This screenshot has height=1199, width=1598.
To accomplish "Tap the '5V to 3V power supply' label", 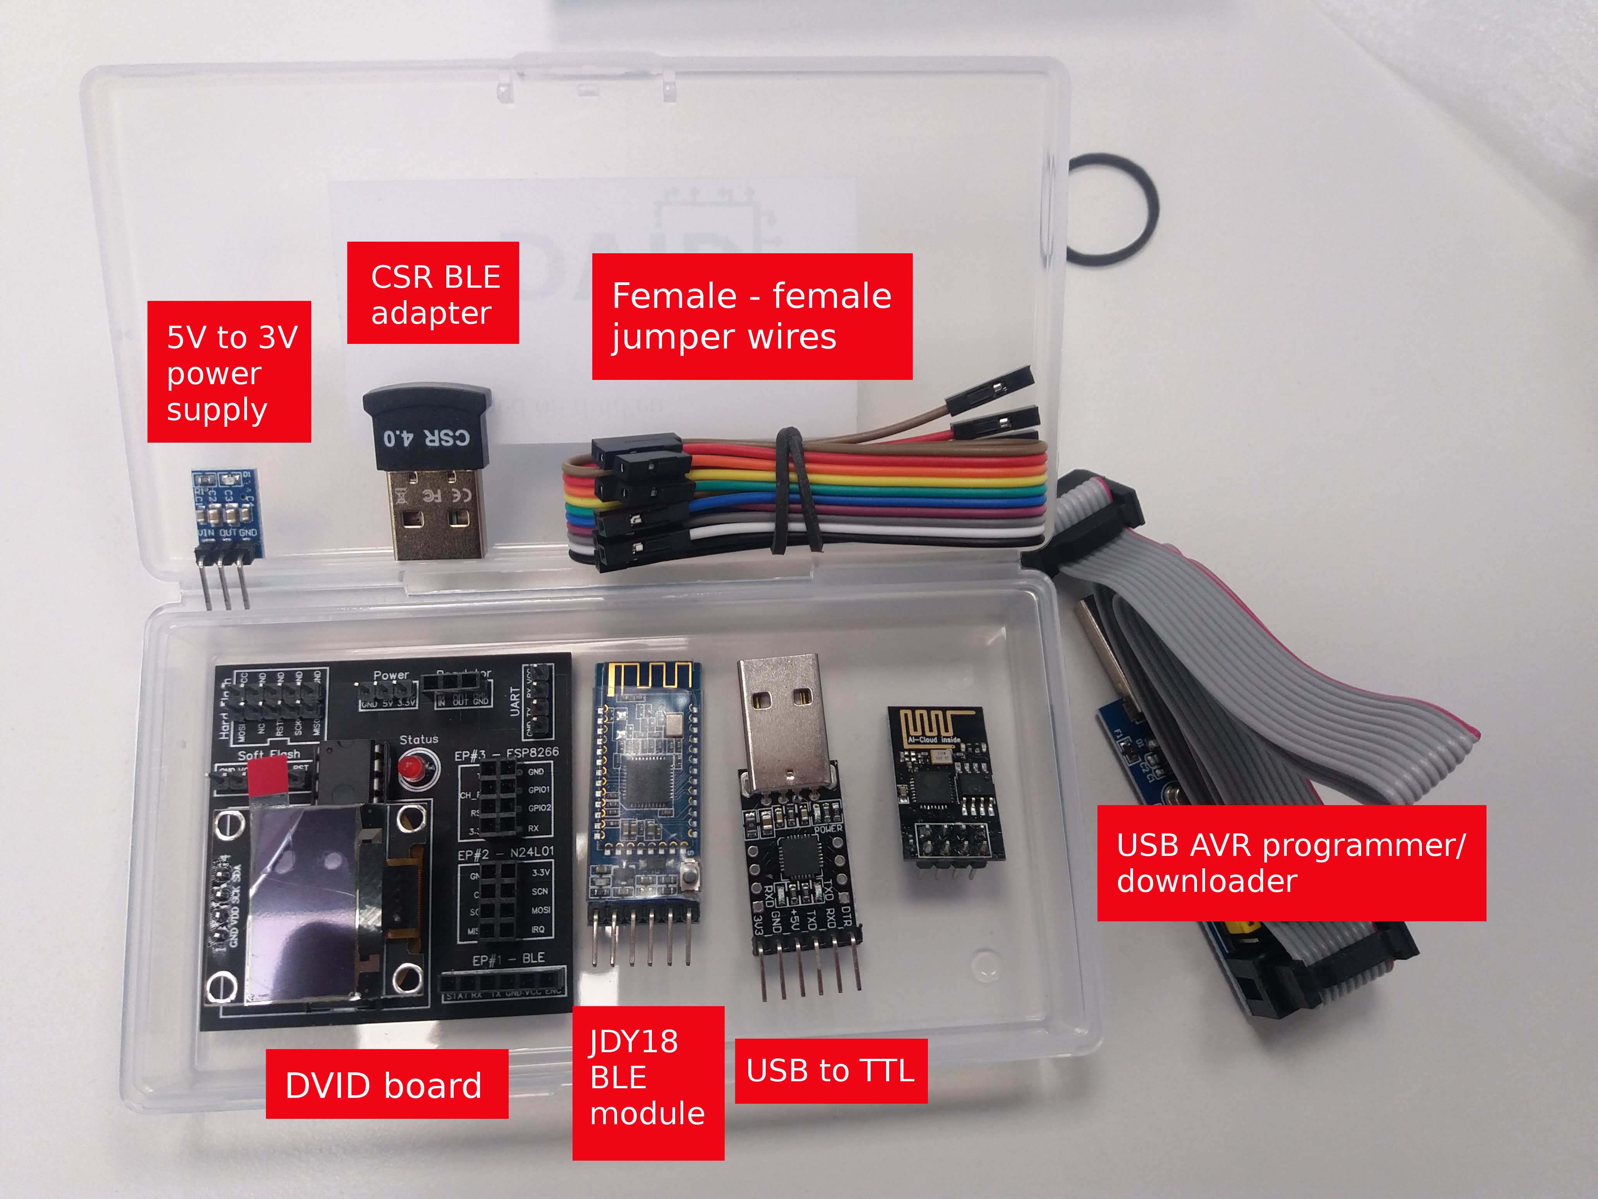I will tap(229, 371).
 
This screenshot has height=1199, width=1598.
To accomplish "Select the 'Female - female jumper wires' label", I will tap(752, 316).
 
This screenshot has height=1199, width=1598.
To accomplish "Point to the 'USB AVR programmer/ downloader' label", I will tap(1291, 863).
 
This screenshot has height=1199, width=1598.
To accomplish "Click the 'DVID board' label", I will tap(386, 1084).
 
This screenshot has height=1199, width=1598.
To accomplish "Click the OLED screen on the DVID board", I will tap(310, 904).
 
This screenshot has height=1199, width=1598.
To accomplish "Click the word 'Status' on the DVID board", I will tap(419, 739).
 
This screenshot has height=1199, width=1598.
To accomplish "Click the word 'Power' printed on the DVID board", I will tap(391, 675).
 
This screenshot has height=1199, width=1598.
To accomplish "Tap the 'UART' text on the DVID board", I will tap(515, 701).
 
